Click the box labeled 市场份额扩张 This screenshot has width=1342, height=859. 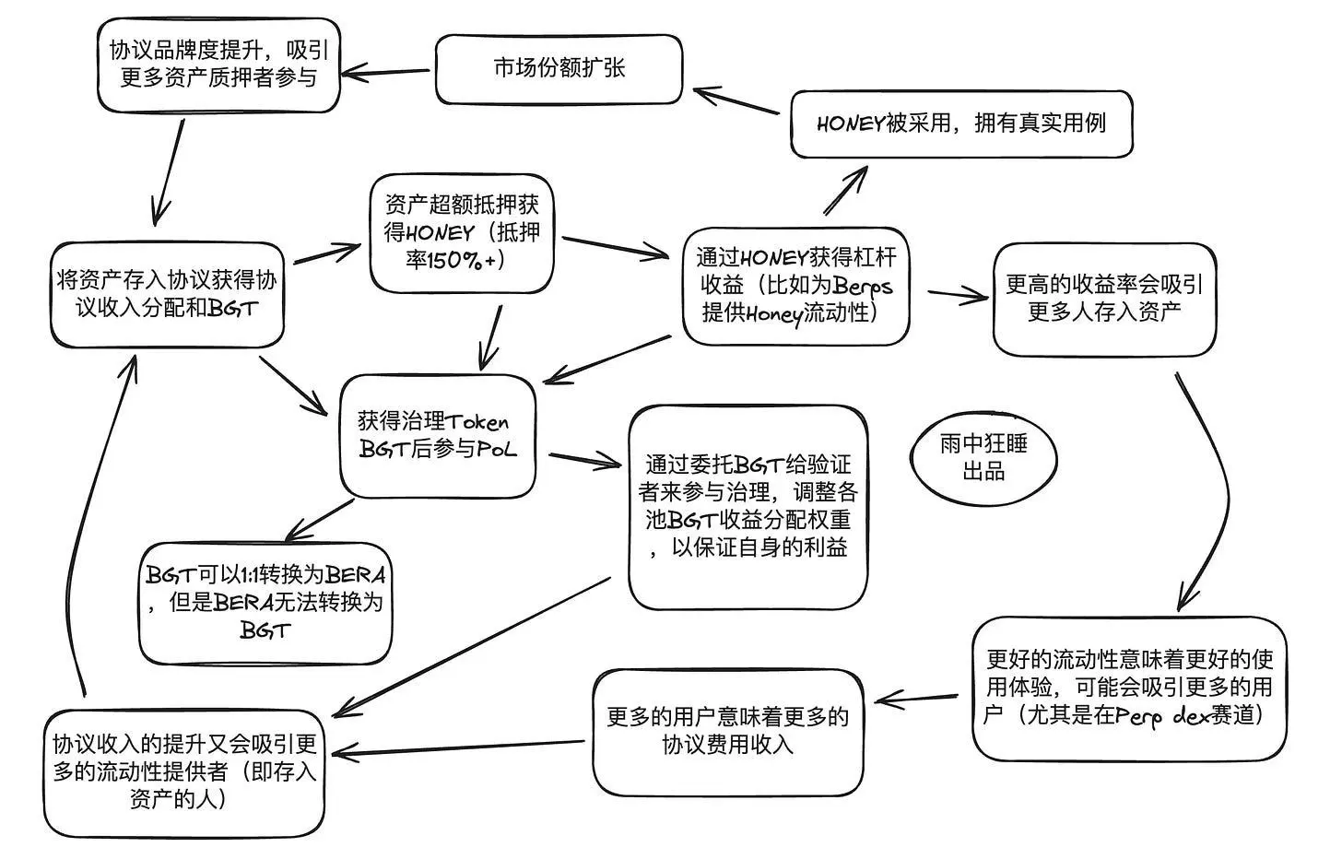[x=559, y=69]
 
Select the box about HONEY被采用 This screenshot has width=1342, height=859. [x=961, y=124]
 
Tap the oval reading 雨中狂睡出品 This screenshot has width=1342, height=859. [x=983, y=458]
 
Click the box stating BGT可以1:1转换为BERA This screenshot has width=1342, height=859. [x=265, y=603]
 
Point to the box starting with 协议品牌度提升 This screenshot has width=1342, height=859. [x=218, y=65]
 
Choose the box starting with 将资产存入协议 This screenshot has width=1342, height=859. [x=167, y=294]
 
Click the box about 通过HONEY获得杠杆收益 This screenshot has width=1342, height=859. [x=795, y=286]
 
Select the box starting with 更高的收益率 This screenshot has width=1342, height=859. [x=1103, y=299]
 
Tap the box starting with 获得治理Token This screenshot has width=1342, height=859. [x=438, y=436]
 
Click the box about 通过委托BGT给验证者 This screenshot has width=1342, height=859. [x=748, y=507]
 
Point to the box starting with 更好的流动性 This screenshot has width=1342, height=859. [x=1129, y=688]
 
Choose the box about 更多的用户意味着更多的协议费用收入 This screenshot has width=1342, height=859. [x=727, y=731]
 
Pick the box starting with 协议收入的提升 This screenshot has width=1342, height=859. [x=184, y=771]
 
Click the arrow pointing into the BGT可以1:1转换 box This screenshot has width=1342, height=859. [x=318, y=521]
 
